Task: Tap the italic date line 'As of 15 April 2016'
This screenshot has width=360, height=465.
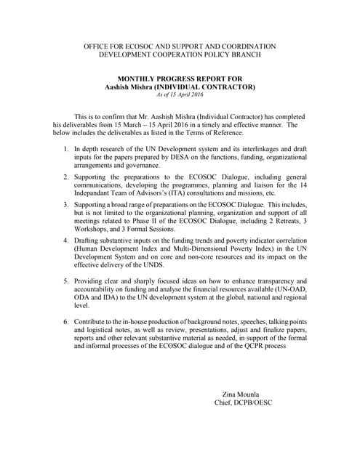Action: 179,94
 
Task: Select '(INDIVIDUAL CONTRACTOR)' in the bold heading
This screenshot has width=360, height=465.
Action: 213,86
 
